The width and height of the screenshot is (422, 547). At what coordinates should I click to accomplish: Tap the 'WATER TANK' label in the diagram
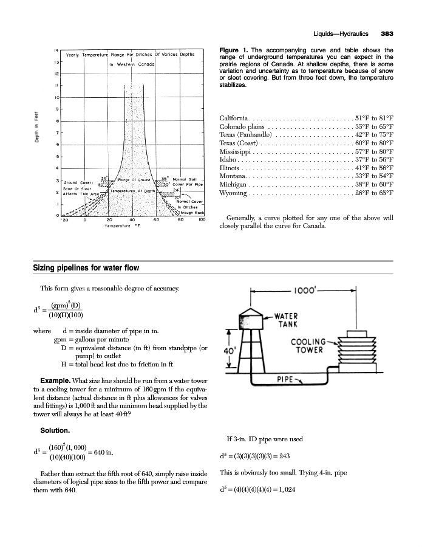pos(282,320)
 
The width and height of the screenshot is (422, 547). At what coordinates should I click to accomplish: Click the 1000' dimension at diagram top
pos(315,291)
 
